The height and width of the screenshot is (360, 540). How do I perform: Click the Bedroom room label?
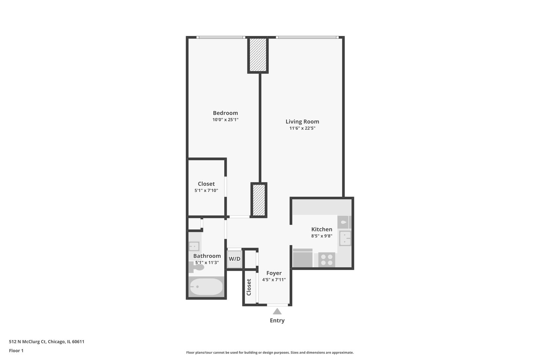[x=225, y=113]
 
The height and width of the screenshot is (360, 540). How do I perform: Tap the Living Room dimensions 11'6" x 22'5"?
[x=302, y=128]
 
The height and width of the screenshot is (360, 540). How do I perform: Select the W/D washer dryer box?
[x=234, y=259]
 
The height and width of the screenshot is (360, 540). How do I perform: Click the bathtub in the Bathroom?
[x=206, y=287]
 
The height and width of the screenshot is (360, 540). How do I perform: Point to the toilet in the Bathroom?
[x=198, y=267]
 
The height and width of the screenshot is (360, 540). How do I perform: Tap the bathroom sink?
[x=194, y=246]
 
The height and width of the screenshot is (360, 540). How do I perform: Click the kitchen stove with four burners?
[x=327, y=260]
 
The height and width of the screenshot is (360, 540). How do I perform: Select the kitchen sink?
[x=345, y=238]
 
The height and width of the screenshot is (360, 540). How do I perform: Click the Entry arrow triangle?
[x=277, y=312]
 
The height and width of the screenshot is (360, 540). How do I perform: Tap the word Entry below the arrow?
[x=277, y=321]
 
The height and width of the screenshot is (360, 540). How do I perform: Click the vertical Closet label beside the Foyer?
[x=249, y=287]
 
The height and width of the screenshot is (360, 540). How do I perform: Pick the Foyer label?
[x=274, y=273]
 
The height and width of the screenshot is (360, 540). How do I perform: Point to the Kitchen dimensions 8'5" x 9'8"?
[x=322, y=236]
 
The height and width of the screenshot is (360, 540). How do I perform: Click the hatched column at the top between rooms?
[x=258, y=55]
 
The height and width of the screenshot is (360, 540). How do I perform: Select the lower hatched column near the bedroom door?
[x=259, y=200]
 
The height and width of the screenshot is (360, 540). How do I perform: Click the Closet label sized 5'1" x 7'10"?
[x=206, y=184]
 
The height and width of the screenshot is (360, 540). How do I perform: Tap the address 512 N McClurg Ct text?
[x=46, y=342]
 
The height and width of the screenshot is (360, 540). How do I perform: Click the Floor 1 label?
[x=16, y=351]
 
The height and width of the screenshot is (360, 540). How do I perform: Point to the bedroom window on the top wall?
[x=220, y=37]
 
